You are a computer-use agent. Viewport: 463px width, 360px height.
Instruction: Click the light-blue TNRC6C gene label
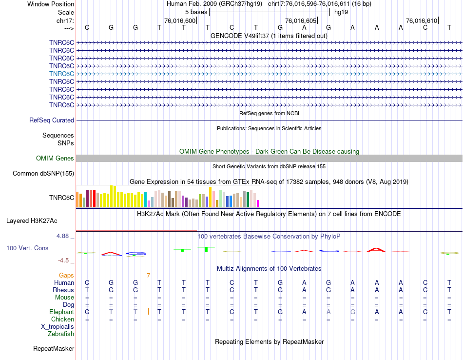tap(61, 74)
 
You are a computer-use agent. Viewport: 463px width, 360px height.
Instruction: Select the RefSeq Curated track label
tap(52, 120)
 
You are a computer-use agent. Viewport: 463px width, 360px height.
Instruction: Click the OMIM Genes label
tap(55, 158)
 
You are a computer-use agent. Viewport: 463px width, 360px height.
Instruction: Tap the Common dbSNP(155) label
tap(43, 173)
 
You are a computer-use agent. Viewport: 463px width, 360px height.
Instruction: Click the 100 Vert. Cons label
tap(27, 248)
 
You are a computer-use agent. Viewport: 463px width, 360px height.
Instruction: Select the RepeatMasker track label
tap(54, 348)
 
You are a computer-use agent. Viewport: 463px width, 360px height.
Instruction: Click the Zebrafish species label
tap(61, 334)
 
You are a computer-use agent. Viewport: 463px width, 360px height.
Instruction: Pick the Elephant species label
tap(61, 312)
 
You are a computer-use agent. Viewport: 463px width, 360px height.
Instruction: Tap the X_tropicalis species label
tap(58, 327)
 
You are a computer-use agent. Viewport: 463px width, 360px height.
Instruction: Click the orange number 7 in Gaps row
tap(148, 276)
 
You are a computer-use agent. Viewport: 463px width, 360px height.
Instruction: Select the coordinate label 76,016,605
tap(301, 20)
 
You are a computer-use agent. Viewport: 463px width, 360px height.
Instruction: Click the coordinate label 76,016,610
tap(422, 20)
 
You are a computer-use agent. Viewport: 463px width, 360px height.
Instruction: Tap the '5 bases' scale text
tap(196, 12)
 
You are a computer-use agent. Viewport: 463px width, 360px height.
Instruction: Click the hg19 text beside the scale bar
tap(341, 12)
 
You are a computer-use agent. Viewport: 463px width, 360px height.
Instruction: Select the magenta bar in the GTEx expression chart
tap(258, 203)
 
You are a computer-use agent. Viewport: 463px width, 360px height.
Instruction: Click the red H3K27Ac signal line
tap(136, 230)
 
